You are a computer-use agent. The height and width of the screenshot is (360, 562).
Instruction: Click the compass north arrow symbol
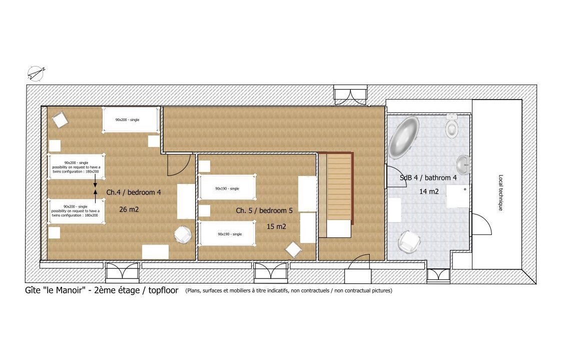pyautogui.click(x=36, y=73)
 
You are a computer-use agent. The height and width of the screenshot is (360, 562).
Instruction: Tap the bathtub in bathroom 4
pyautogui.click(x=403, y=137)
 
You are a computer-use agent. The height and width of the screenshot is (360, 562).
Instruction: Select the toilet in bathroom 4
pyautogui.click(x=452, y=126)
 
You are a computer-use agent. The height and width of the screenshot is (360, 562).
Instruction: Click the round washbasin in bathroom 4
pyautogui.click(x=463, y=165)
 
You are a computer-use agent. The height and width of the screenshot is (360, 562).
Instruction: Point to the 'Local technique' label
pyautogui.click(x=501, y=192)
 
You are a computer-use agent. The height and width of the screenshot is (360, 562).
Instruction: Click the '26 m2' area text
pyautogui.click(x=129, y=209)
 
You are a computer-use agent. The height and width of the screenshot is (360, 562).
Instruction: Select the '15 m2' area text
pyautogui.click(x=276, y=226)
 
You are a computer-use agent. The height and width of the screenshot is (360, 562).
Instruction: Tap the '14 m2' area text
pyautogui.click(x=429, y=191)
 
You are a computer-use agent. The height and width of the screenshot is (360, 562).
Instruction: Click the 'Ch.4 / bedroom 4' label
pyautogui.click(x=134, y=192)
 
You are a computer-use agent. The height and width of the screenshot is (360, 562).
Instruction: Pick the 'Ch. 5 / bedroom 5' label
pyautogui.click(x=264, y=210)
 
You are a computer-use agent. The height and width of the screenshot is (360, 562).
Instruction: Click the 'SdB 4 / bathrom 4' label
pyautogui.click(x=428, y=177)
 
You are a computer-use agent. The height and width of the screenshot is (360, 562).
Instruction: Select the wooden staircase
pyautogui.click(x=339, y=187)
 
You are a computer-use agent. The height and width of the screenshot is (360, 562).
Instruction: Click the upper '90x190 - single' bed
pyautogui.click(x=227, y=187)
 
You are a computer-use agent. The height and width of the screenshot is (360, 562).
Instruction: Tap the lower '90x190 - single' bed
pyautogui.click(x=227, y=233)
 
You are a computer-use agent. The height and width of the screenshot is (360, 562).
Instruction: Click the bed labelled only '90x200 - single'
pyautogui.click(x=131, y=119)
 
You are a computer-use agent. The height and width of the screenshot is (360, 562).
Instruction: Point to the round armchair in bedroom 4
pyautogui.click(x=183, y=235)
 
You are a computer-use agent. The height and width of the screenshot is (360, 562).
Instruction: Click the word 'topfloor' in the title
pyautogui.click(x=163, y=290)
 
